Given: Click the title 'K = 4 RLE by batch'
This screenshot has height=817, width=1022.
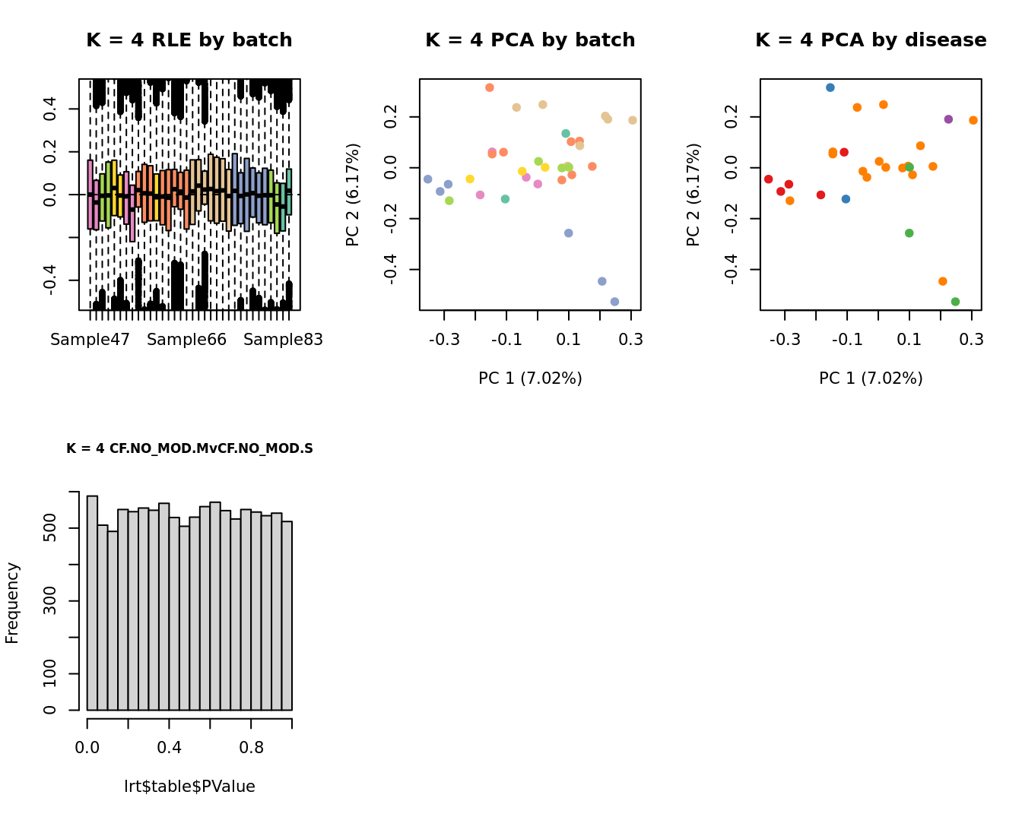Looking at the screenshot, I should coord(189,40).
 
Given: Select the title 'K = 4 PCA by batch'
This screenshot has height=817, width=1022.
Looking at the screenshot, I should coord(530,40).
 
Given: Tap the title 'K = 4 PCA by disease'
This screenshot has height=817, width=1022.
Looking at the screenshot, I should coord(871,40).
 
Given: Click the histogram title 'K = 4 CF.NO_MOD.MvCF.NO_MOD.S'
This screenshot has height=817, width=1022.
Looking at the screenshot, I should coord(189,448).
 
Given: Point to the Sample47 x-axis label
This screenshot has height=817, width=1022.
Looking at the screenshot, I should coord(90,340).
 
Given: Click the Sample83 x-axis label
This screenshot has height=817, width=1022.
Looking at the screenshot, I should coord(283,340).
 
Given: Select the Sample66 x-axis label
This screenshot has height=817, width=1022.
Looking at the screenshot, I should coord(186,340).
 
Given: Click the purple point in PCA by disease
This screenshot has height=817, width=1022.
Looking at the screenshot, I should coord(948,119).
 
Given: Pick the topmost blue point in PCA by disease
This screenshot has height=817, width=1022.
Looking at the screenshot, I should coord(830,87).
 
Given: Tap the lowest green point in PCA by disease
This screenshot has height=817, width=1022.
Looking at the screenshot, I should coord(955,302).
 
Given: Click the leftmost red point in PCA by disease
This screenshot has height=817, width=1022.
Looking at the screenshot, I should coord(768,179).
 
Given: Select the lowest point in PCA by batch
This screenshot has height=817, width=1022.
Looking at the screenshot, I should coord(614,302).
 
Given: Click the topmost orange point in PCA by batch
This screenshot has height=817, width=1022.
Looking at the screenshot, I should coord(490,87).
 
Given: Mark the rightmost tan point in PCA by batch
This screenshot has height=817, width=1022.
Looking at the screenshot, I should coord(633,120).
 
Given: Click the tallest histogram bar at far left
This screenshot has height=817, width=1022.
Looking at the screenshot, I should coord(92,603).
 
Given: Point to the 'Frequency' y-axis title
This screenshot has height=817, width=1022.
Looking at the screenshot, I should coord(12,603).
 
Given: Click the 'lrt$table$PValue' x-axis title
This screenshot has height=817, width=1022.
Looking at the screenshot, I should coord(189,787).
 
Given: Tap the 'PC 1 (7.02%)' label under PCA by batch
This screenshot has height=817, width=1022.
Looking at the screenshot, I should coord(530,378).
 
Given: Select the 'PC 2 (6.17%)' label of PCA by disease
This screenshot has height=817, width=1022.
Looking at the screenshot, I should coord(693,195).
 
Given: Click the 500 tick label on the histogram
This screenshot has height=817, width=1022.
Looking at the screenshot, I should coord(50,528).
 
